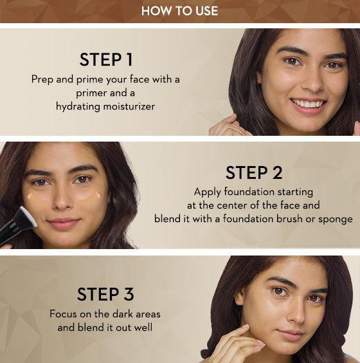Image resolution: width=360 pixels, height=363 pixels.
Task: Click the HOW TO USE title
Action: click(x=179, y=11)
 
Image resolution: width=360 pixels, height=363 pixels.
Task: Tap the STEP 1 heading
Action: click(x=106, y=59)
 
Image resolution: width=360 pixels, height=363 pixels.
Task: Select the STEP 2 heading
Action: click(x=254, y=172)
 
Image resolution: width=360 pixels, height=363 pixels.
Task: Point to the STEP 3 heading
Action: click(x=105, y=294)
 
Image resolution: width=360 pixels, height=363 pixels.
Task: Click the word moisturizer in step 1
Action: click(x=129, y=106)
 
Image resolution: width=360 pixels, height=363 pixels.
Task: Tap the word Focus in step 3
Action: click(x=63, y=314)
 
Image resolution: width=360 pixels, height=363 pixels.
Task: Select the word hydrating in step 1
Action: click(x=78, y=106)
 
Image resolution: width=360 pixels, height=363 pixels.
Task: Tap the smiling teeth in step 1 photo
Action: click(x=308, y=103)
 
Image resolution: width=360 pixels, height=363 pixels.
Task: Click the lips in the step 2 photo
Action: click(x=64, y=223)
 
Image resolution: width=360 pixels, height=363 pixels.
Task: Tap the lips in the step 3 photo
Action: click(x=291, y=334)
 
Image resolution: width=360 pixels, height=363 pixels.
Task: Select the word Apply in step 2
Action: click(x=208, y=192)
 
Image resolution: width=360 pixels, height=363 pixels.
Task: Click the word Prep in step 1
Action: click(x=42, y=80)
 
